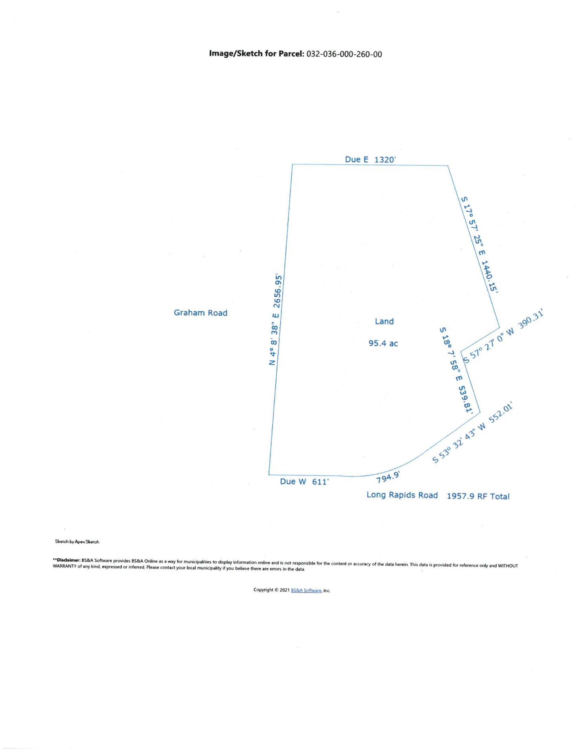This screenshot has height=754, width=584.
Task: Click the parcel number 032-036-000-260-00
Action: coord(344,54)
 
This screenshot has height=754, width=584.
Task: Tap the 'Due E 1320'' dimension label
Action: coord(370,159)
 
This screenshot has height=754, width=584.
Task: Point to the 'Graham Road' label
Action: coord(200,313)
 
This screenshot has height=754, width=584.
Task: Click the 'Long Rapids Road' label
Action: coord(402,495)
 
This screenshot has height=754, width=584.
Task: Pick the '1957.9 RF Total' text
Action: coord(478,496)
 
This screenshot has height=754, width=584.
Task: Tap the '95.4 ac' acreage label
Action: coord(383,343)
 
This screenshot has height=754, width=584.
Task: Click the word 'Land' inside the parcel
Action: coord(384,321)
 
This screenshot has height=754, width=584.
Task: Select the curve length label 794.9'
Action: coord(388,477)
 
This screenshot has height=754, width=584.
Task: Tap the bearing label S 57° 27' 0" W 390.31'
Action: coord(503,337)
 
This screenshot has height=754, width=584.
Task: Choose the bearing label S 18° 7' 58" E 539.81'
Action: coord(456,370)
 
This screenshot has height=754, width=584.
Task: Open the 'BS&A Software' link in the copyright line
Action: coord(306,590)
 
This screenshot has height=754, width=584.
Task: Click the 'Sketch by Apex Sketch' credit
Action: coord(77,542)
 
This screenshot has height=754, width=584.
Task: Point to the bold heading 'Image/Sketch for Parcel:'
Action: coord(257,54)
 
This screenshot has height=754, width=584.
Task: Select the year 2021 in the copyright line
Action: coord(284,590)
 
